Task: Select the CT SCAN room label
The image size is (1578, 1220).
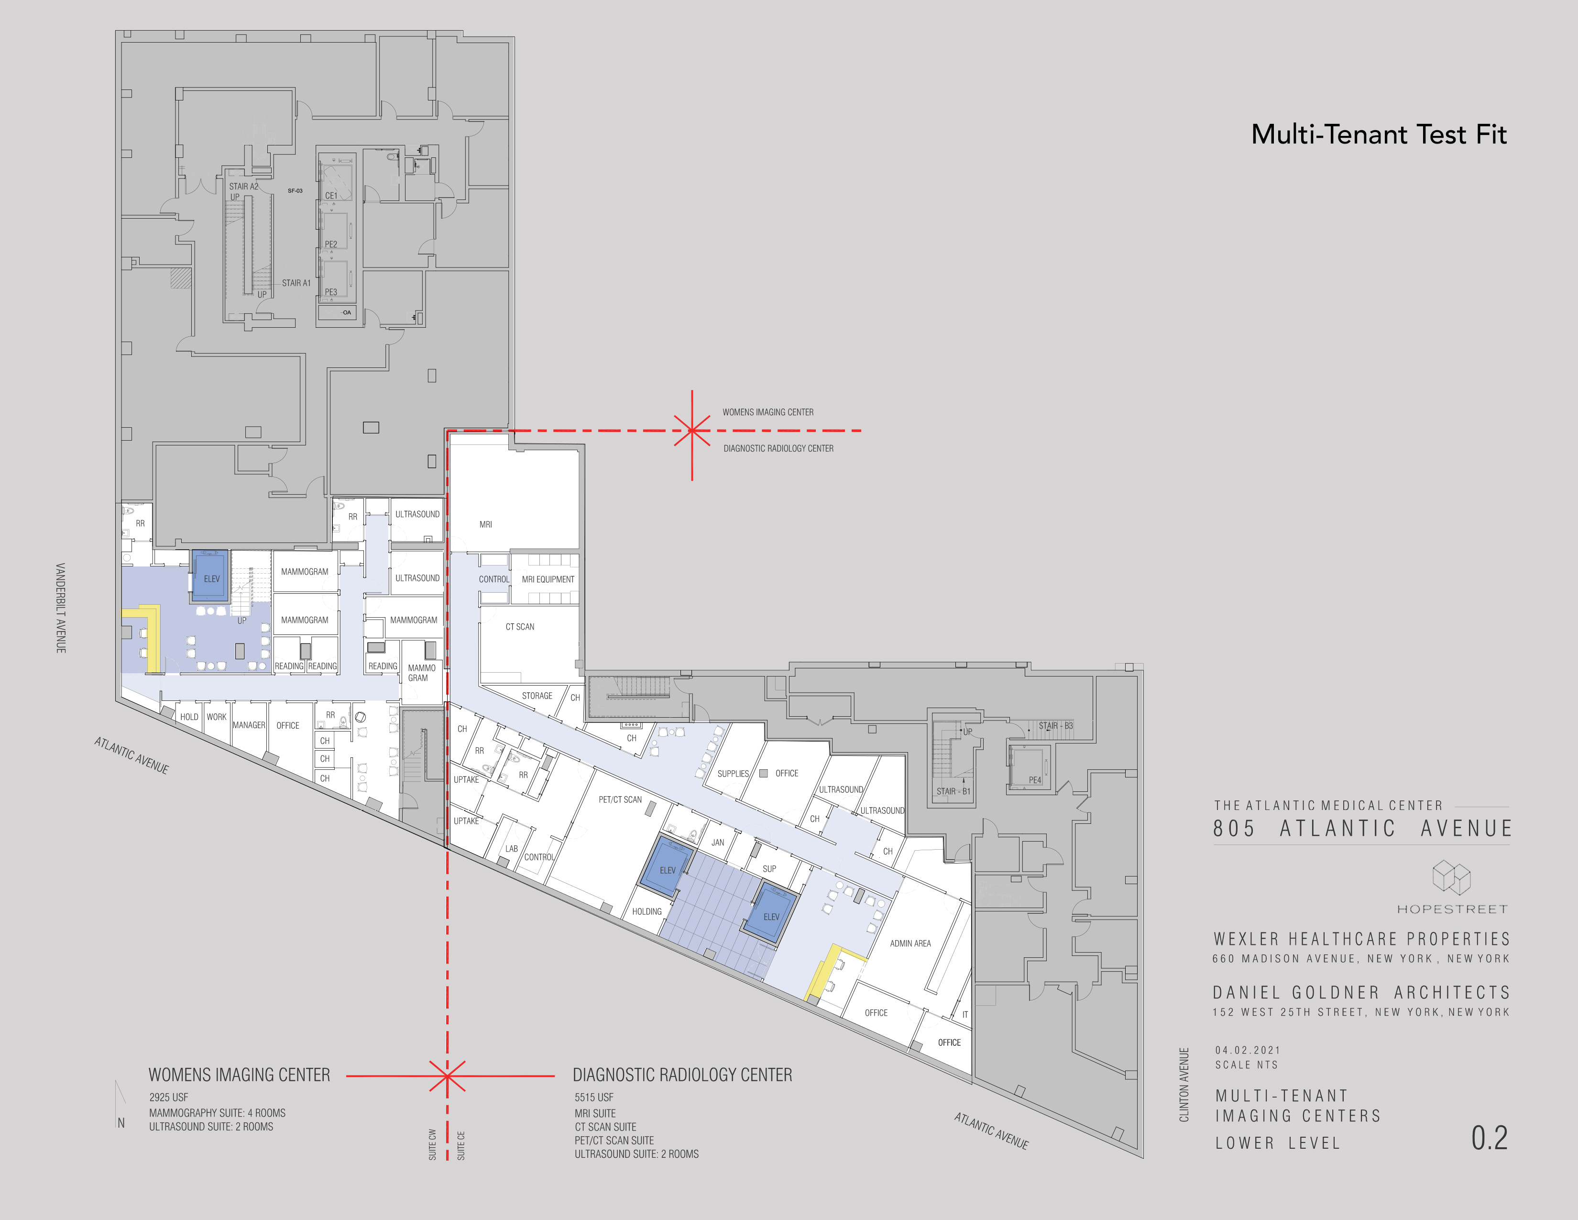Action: point(519,627)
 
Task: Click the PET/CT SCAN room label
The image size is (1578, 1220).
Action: point(620,799)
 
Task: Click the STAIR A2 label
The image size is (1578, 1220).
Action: point(243,187)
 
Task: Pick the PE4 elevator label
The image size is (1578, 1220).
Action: point(1035,780)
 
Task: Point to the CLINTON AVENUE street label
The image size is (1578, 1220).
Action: point(1183,1084)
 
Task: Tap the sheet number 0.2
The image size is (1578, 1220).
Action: point(1489,1138)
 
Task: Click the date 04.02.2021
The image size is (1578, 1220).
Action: point(1247,1050)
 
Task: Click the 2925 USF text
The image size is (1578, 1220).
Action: point(168,1097)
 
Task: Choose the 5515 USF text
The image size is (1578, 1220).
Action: point(594,1097)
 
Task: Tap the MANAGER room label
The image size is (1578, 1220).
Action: point(249,725)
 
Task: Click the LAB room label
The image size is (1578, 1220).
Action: point(512,849)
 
